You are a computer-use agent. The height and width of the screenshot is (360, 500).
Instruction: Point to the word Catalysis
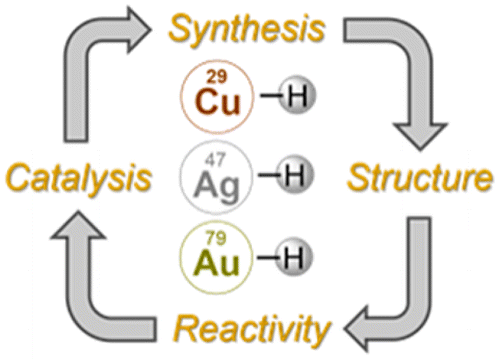point(79,180)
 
